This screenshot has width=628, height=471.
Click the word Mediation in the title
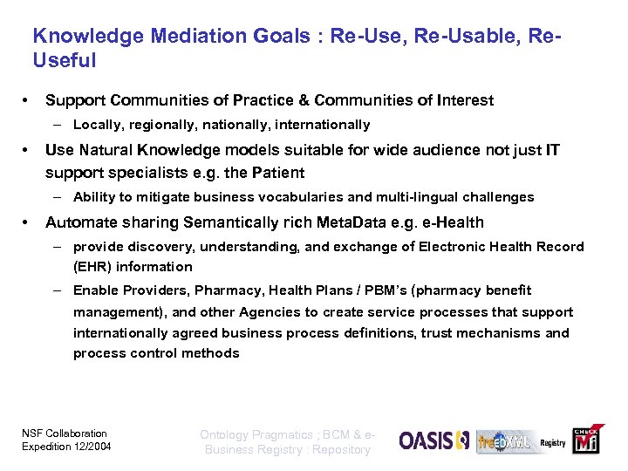[x=191, y=36]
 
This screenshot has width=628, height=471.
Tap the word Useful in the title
[x=64, y=60]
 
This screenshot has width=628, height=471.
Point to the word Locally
[x=99, y=125]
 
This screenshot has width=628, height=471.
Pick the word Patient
[x=275, y=172]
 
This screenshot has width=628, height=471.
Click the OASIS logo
[x=433, y=440]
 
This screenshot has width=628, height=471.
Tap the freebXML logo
[x=504, y=442]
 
